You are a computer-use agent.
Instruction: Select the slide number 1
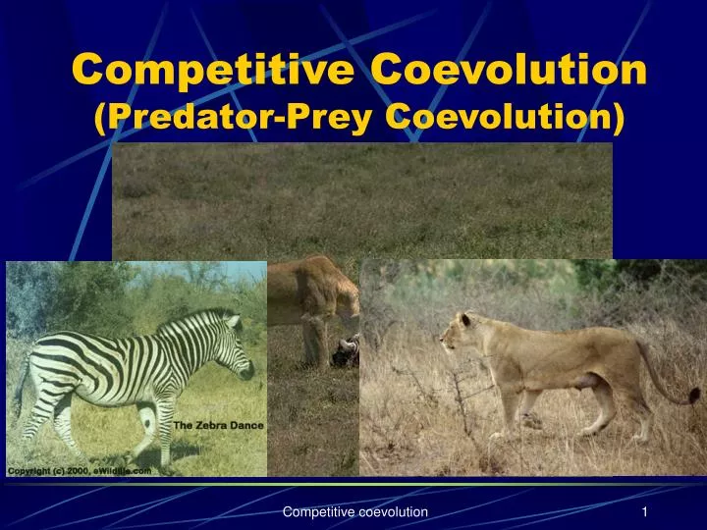[645, 512]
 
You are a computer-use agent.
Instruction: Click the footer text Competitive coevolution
[354, 512]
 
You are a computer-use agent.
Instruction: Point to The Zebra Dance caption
[218, 425]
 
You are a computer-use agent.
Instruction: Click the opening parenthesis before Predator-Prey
[100, 117]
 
